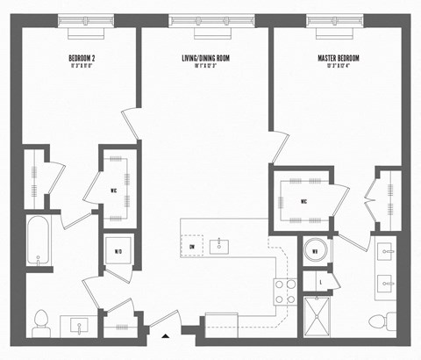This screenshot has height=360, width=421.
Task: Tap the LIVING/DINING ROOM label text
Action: click(205, 59)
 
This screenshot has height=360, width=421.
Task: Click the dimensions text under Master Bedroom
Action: click(338, 67)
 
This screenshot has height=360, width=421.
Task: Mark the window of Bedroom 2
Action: click(85, 20)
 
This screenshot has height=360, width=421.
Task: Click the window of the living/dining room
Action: click(211, 20)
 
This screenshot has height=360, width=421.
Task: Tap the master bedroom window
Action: click(337, 20)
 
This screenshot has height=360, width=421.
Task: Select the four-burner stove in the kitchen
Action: click(284, 291)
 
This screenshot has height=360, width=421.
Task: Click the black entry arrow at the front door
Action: click(165, 333)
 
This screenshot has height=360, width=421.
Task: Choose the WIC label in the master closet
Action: click(303, 200)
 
